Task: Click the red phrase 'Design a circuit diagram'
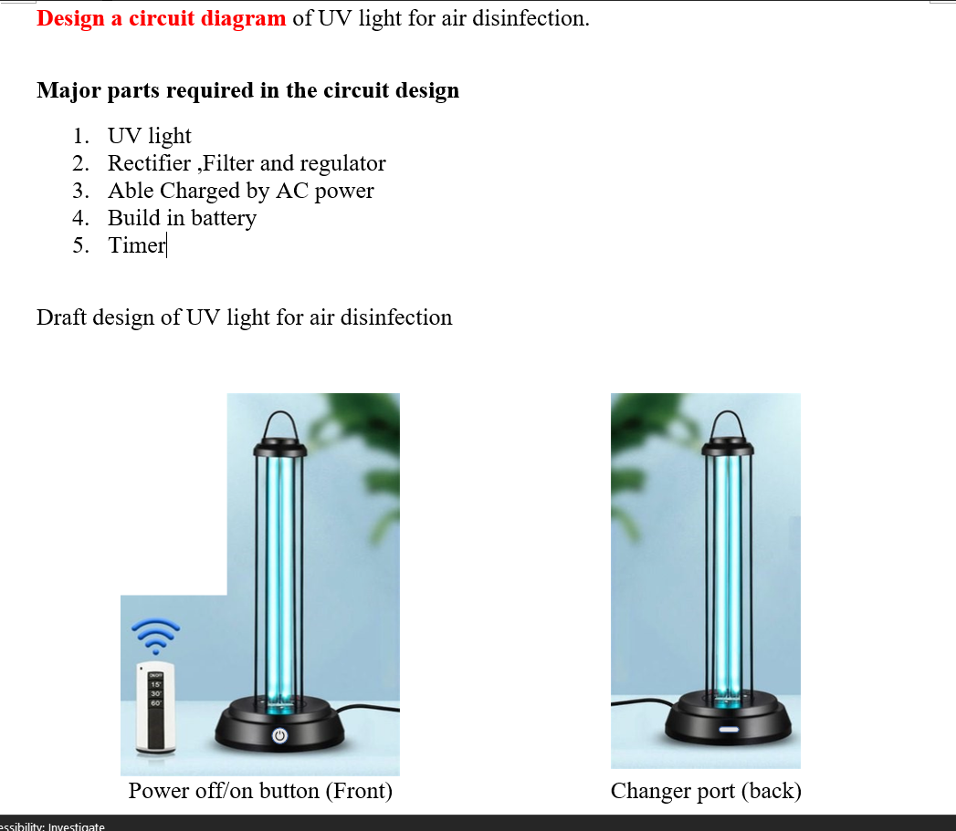pyautogui.click(x=161, y=18)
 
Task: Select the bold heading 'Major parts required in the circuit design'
pyautogui.click(x=247, y=90)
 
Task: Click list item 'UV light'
pyautogui.click(x=149, y=136)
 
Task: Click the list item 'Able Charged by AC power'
pyautogui.click(x=240, y=191)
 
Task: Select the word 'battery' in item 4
pyautogui.click(x=223, y=218)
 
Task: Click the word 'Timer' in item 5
pyautogui.click(x=136, y=245)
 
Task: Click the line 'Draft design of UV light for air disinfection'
pyautogui.click(x=244, y=317)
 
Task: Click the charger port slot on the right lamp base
pyautogui.click(x=729, y=730)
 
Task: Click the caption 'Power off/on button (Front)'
pyautogui.click(x=260, y=790)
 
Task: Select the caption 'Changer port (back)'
pyautogui.click(x=706, y=790)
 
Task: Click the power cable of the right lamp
pyautogui.click(x=639, y=704)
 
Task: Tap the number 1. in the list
pyautogui.click(x=81, y=136)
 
